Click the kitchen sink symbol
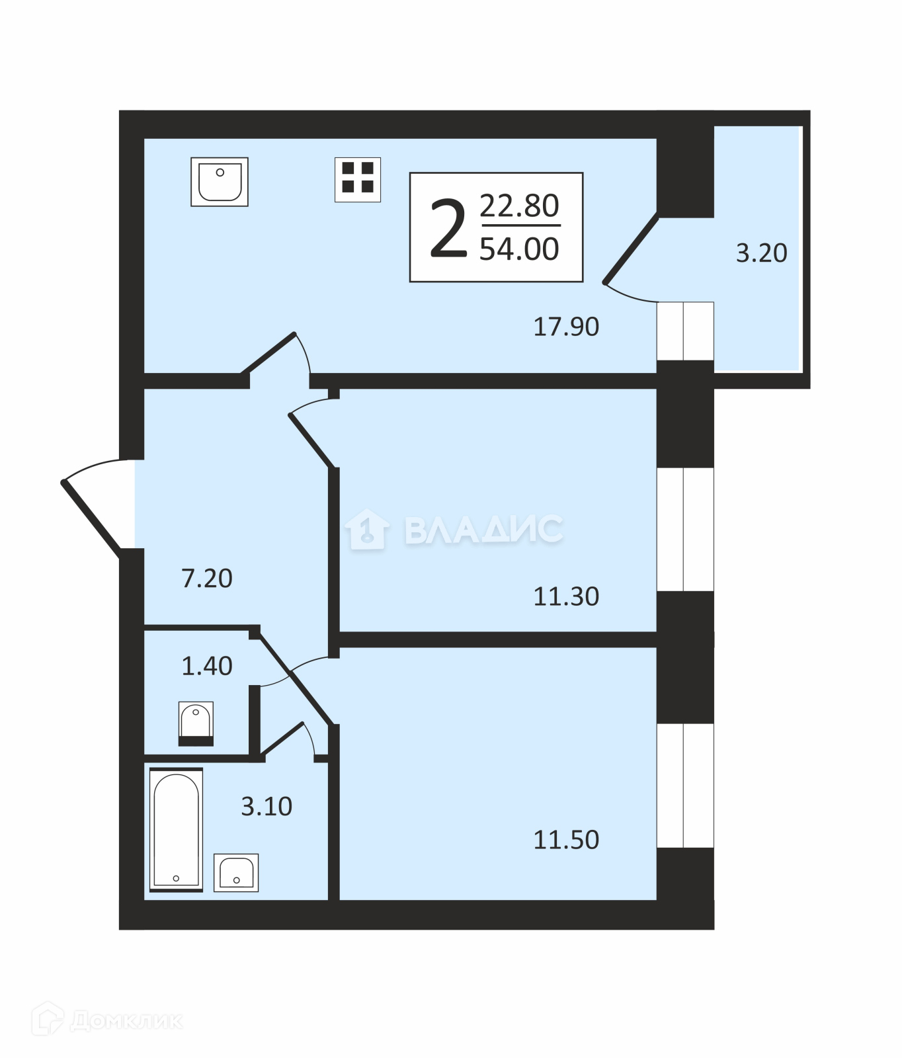220,182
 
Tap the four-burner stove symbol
358,179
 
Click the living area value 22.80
519,206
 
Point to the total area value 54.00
519,249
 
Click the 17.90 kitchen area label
566,327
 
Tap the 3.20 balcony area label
762,253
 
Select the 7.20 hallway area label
207,579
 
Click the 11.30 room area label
566,596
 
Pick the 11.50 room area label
566,840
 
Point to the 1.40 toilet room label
207,666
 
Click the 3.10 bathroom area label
266,807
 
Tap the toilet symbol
196,723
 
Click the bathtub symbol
176,830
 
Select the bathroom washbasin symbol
236,873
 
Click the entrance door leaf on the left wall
91,516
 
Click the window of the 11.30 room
686,530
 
